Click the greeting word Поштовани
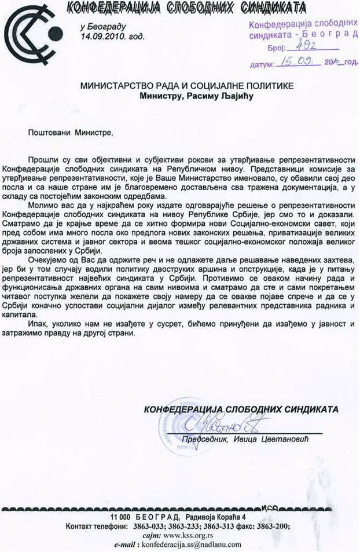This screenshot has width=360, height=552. [x=49, y=133]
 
